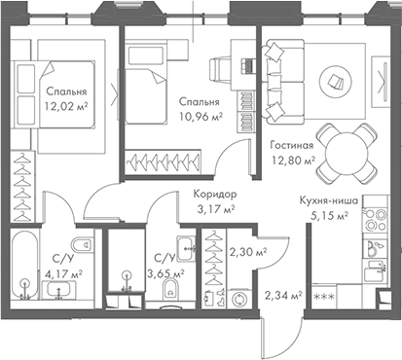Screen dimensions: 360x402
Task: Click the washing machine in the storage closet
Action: tap(241, 300)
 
